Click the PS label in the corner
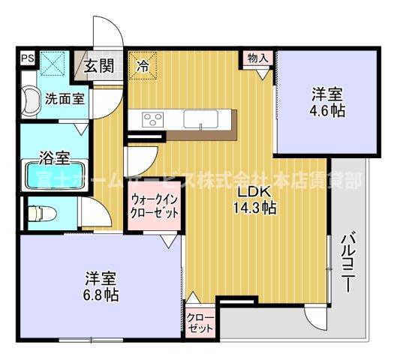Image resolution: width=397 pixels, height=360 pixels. click(x=26, y=57)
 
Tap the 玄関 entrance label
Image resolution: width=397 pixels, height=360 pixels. click(x=99, y=64)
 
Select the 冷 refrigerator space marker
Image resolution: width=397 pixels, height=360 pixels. click(x=143, y=64)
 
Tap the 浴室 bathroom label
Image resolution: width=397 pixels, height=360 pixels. click(x=55, y=158)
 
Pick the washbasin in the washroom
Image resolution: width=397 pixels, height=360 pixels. click(x=32, y=97)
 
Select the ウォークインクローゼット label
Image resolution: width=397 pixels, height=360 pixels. click(x=155, y=205)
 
